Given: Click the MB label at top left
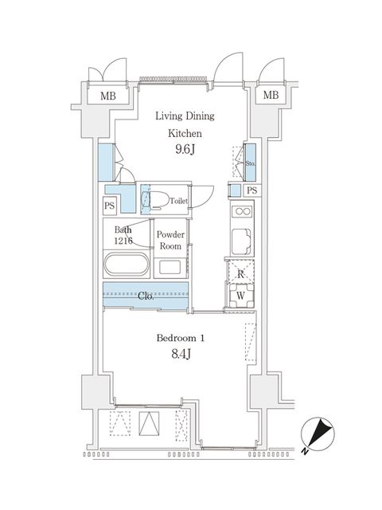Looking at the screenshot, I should (107, 96).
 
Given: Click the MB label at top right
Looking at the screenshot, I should (271, 96).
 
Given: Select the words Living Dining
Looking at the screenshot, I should (185, 116).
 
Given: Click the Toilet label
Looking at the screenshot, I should (179, 201).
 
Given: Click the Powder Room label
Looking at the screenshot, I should (170, 240).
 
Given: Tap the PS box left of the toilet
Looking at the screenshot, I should (109, 206).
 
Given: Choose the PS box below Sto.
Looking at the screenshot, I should (251, 190).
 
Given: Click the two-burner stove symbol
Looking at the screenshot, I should (240, 211).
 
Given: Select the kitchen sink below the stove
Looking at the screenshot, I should (240, 239).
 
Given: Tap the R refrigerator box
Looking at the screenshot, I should (240, 273).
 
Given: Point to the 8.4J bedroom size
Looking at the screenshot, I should (181, 356).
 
